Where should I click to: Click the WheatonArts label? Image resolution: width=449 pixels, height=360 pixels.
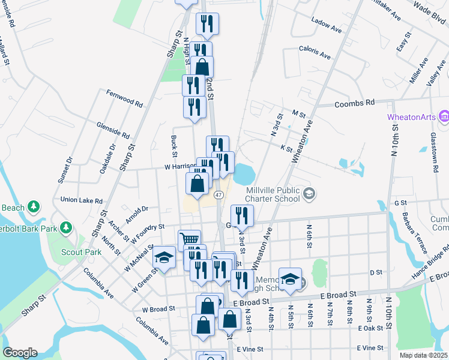click(x=412, y=116)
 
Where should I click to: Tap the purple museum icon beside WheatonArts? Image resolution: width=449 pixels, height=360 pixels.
click(x=444, y=116)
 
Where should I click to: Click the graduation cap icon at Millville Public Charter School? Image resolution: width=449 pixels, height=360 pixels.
click(x=309, y=193)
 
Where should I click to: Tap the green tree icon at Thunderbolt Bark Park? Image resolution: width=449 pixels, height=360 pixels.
click(x=67, y=228)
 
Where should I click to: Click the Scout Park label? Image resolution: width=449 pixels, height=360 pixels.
click(x=85, y=252)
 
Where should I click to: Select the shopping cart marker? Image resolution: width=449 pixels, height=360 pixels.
click(x=189, y=239)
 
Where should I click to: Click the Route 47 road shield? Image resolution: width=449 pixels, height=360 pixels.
click(x=219, y=195)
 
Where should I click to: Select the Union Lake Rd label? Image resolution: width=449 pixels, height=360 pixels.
click(x=81, y=200)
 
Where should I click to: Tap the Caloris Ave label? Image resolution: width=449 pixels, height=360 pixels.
click(x=315, y=54)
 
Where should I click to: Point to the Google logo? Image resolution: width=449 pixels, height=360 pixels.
click(x=20, y=353)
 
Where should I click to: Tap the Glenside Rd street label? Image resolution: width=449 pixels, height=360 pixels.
click(x=113, y=130)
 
